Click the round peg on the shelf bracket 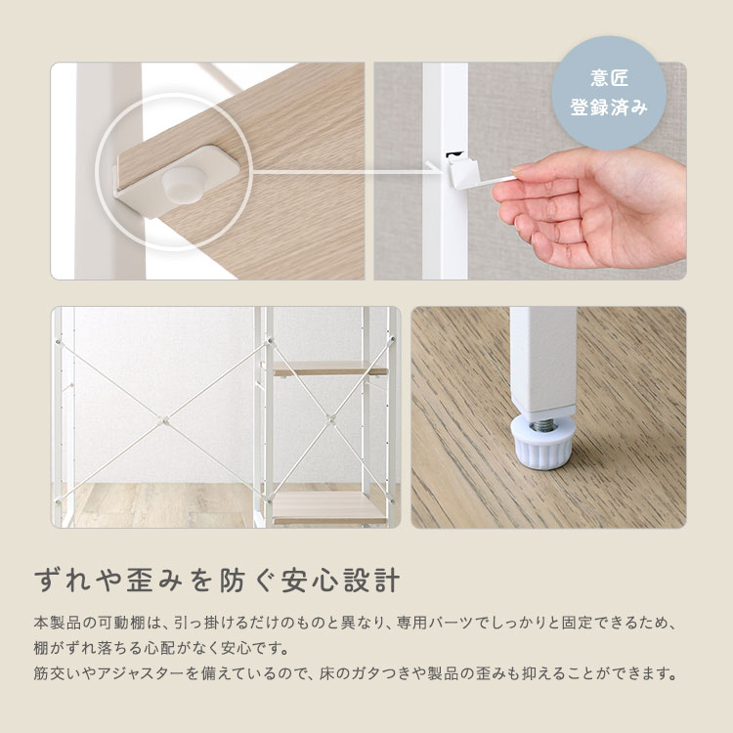pos(183,185)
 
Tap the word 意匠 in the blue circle pos(609,78)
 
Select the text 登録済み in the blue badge pos(609,108)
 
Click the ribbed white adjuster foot pos(542,442)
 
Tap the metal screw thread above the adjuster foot pos(542,424)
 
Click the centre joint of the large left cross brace pos(161,420)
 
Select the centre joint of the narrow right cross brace pos(330,418)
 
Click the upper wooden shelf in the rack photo pos(330,368)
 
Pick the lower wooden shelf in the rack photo pos(329,507)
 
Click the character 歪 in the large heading pos(141,581)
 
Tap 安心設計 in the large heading pos(340,581)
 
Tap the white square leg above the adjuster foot pos(542,363)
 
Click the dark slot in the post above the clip pos(453,154)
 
